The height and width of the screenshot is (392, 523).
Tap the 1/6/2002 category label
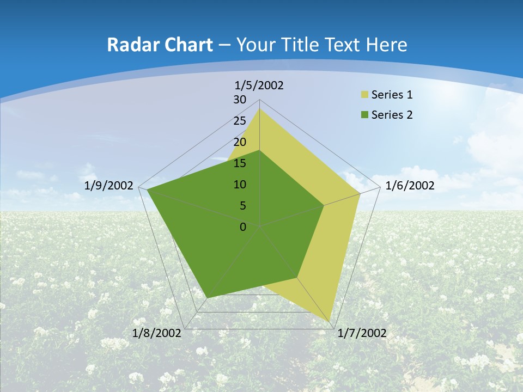[410, 186]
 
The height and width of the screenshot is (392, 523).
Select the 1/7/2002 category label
[362, 333]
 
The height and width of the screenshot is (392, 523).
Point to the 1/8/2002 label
[157, 333]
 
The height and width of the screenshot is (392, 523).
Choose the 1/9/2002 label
[109, 186]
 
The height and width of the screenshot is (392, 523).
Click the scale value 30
[240, 100]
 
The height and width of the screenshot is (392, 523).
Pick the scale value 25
[240, 121]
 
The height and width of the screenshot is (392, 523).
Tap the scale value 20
[240, 142]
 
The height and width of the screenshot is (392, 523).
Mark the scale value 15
[240, 163]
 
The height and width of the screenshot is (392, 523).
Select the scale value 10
[240, 185]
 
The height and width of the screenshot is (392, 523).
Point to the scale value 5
[242, 206]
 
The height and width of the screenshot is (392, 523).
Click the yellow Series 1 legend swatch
[365, 95]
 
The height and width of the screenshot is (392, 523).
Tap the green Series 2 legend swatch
[365, 115]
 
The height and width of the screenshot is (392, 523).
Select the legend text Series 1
[392, 95]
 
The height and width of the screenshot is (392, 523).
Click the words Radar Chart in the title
[160, 45]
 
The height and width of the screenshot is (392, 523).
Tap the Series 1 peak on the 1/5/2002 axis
[259, 108]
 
